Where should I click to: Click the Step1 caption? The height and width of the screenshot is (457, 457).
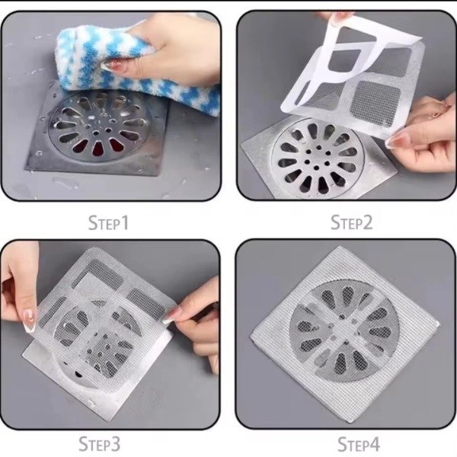(x=108, y=222)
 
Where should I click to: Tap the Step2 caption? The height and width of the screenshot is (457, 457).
(x=351, y=222)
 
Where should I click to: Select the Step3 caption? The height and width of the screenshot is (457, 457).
(x=99, y=443)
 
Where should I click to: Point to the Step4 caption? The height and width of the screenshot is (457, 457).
(x=359, y=445)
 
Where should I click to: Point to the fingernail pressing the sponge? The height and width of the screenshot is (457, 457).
(x=112, y=67)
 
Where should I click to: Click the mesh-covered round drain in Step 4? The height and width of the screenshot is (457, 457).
(x=345, y=331)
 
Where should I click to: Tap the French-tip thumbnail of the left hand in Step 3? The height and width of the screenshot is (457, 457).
(x=30, y=320)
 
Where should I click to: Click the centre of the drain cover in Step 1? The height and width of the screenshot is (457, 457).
(x=96, y=133)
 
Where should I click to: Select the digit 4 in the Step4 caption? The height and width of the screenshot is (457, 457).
(x=375, y=445)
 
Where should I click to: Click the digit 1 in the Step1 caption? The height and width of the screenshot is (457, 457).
(x=125, y=223)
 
